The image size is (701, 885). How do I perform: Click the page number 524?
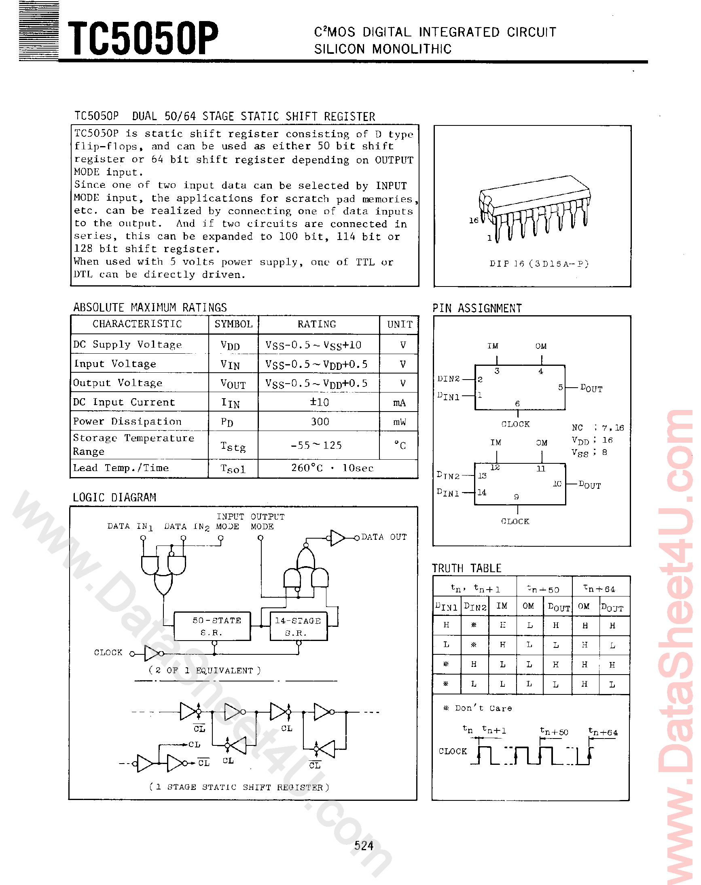coord(364,846)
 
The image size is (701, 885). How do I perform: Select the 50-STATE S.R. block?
coord(212,626)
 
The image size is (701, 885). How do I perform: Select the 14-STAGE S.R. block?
coord(299,626)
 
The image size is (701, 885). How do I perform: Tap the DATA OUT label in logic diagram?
coord(384,537)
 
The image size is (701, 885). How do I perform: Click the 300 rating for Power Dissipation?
coord(320,422)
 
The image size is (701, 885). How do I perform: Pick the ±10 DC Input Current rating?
coord(319,402)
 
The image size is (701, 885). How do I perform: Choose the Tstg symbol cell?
coord(233,446)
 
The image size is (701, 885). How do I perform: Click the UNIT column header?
coord(399,324)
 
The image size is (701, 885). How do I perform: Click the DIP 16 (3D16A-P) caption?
coord(539,263)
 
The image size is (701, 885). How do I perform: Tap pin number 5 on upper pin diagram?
coord(560,387)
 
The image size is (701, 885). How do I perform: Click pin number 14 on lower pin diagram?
coord(482,492)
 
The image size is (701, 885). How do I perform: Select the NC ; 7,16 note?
coord(597,428)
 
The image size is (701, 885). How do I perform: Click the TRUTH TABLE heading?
coord(467,568)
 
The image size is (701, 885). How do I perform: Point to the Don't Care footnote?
coord(478,708)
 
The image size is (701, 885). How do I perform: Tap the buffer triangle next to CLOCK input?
coord(151,653)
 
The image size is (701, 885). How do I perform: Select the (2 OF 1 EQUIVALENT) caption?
coord(204,670)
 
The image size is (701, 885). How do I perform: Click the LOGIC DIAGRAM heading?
coord(114,497)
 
